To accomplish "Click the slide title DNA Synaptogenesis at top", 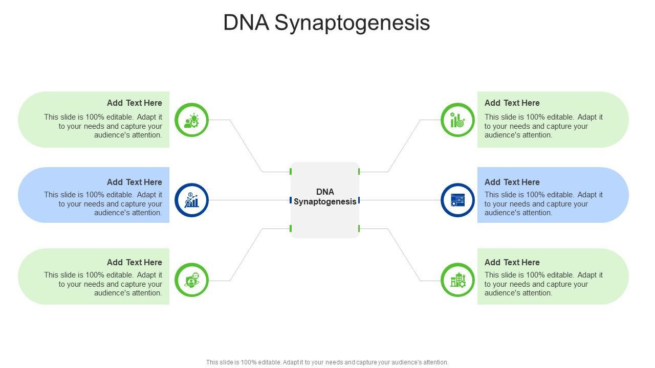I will tap(326, 23).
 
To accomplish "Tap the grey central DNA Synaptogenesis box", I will tap(325, 200).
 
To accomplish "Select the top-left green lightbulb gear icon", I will tap(192, 120).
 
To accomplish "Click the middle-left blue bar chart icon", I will tap(192, 200).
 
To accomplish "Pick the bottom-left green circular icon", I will tap(192, 280).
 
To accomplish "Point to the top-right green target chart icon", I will tap(457, 120).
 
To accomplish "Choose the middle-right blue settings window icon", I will tap(457, 200).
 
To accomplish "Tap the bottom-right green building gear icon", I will tap(457, 280).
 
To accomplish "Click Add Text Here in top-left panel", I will tap(135, 103).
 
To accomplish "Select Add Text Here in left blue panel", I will tap(135, 182).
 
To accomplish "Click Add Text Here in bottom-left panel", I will tap(135, 262).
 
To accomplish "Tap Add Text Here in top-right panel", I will tap(512, 103).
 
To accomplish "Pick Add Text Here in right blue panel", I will tap(512, 182).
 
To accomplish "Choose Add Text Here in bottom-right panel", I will tap(512, 262).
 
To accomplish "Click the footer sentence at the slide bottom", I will tap(327, 362).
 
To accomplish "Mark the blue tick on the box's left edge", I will tap(291, 200).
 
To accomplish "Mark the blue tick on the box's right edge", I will tap(359, 200).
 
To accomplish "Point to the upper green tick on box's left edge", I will tap(291, 172).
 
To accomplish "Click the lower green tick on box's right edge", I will tap(359, 228).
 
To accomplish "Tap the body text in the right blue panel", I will tap(543, 204).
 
